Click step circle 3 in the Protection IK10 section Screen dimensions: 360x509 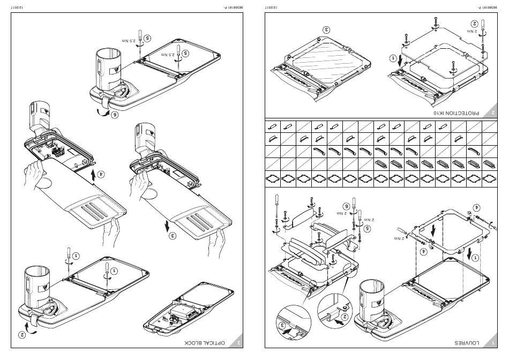326,29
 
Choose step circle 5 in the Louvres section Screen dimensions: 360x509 366,228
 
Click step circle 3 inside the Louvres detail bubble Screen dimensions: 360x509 282,325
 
